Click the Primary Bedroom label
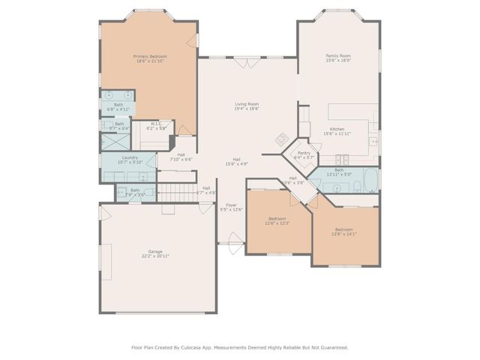point(150,58)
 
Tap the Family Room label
point(338,58)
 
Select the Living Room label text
point(247,106)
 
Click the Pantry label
point(303,154)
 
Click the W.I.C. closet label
point(157,125)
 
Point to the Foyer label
point(232,206)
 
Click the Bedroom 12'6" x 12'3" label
point(277,220)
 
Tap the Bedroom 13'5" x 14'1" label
point(343,232)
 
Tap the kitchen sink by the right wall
point(373,140)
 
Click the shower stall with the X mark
point(106,125)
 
